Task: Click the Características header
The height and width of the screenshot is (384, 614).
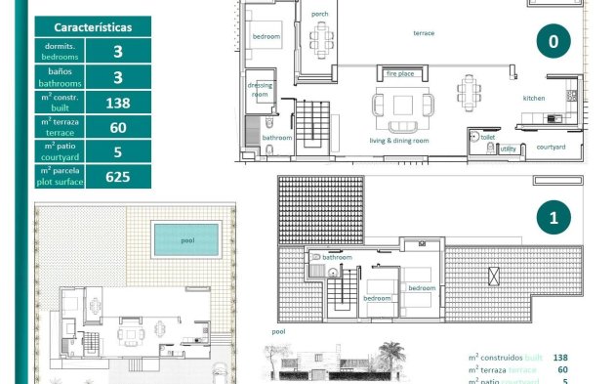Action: coord(94,27)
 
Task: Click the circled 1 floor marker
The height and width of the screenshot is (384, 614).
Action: coord(553,218)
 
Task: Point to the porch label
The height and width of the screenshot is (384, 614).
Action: coord(319,15)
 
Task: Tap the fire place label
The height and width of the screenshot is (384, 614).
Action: coord(400,73)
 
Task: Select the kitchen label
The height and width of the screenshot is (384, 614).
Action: coord(534,98)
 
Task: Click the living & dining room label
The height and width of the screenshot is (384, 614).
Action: coord(399,141)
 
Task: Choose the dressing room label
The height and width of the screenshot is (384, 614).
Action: coord(261,90)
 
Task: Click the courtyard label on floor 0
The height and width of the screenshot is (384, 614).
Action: coord(552,148)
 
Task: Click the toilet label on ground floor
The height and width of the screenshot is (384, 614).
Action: coord(487,138)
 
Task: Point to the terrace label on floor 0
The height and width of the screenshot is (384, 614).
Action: coord(424,32)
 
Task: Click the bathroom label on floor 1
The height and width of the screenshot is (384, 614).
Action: coord(351,257)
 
